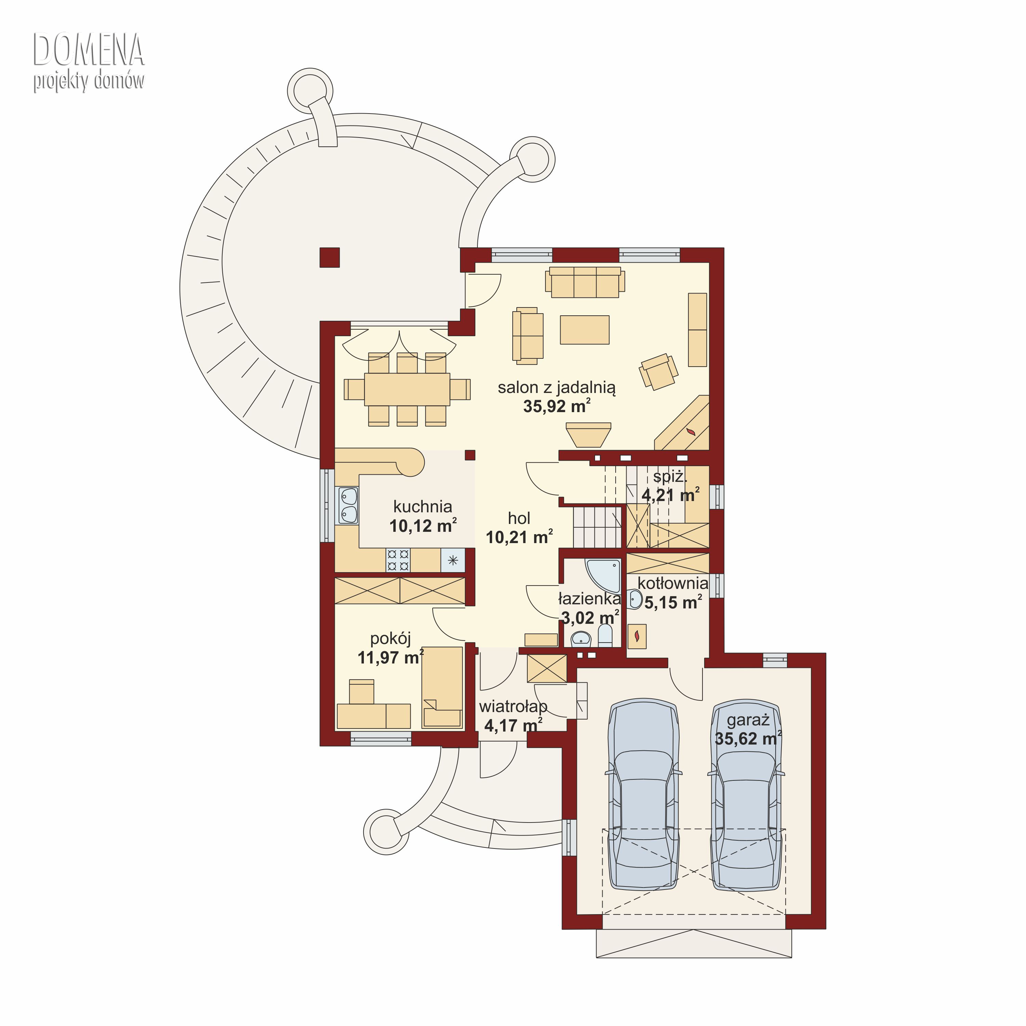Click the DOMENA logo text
coord(89,50)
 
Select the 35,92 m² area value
coord(556,406)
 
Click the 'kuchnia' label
coord(423,507)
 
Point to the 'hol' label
coord(519,518)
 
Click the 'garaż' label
coord(748,721)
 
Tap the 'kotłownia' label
coord(673,583)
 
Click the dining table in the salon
coord(407,389)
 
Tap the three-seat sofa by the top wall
coord(585,282)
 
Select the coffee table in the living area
coord(585,329)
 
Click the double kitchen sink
coord(348,505)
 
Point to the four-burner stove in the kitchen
coord(398,560)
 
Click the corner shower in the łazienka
coord(603,575)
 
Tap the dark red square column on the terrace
coord(329,258)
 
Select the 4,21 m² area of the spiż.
coord(670,495)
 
